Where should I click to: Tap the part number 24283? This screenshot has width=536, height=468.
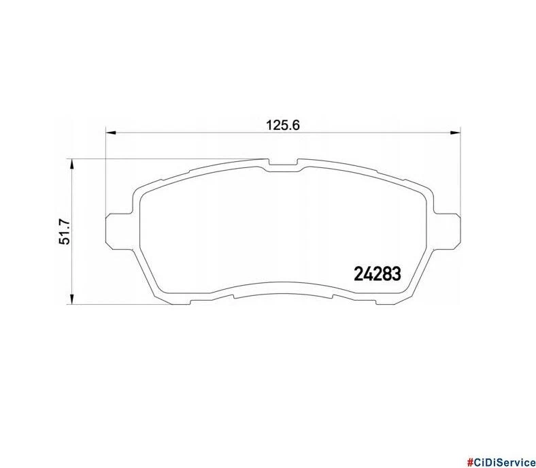(x=378, y=273)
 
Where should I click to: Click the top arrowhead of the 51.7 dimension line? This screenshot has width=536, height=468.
(x=73, y=164)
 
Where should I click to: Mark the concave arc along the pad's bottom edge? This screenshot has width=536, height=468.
(x=282, y=286)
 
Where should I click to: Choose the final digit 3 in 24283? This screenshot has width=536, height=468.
(x=397, y=273)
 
